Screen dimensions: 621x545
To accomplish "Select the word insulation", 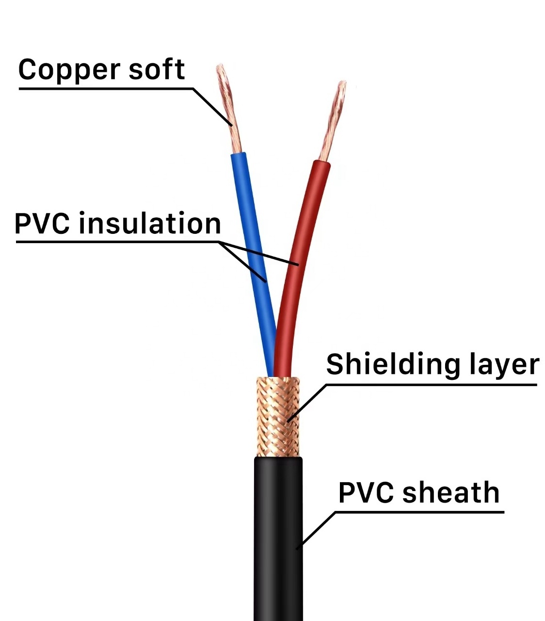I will point(150,224).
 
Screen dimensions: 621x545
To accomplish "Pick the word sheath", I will point(450,492).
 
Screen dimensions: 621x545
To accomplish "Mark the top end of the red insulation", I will point(322,164).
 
